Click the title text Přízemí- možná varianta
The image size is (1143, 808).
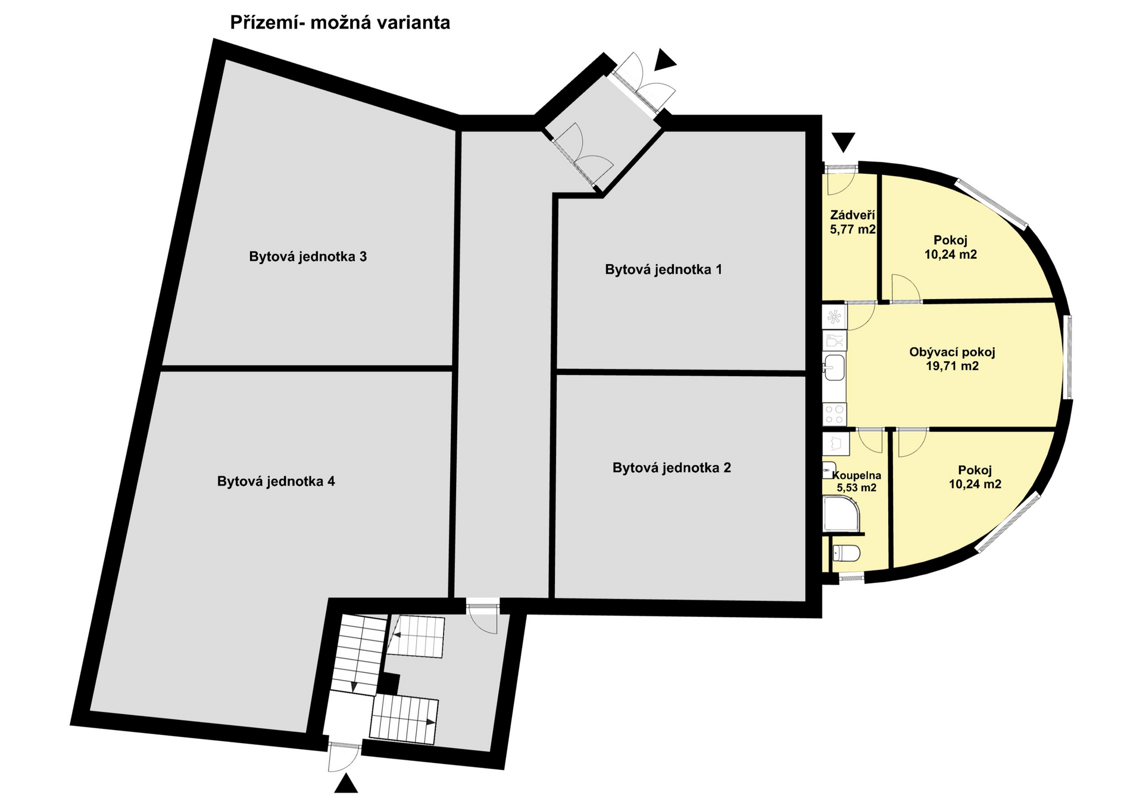[340, 23]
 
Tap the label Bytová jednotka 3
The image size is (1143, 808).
[307, 257]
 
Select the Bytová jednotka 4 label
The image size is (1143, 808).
[276, 481]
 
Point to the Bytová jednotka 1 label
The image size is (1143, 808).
[663, 270]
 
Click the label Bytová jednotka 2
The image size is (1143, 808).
[672, 468]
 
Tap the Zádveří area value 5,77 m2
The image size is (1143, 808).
[852, 229]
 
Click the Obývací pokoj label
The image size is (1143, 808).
[952, 352]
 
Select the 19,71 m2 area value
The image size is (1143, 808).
[952, 366]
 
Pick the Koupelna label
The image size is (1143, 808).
[856, 475]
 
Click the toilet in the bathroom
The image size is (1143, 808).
[846, 553]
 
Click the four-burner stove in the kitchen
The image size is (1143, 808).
[834, 414]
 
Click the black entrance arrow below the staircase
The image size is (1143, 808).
[346, 784]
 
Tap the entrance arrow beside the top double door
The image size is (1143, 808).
[665, 60]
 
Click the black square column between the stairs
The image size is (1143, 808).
[389, 683]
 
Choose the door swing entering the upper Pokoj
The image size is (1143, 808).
[905, 289]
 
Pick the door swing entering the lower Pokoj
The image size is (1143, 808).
[911, 443]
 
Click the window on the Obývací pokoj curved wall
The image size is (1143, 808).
[1068, 357]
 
